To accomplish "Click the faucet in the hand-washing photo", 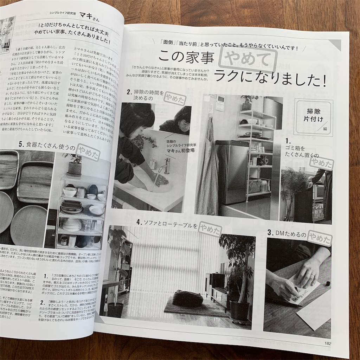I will [x=166, y=165].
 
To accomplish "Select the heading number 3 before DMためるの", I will [x=270, y=232].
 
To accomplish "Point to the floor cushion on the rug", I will [x=187, y=298].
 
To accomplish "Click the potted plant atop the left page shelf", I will [x=74, y=165].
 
